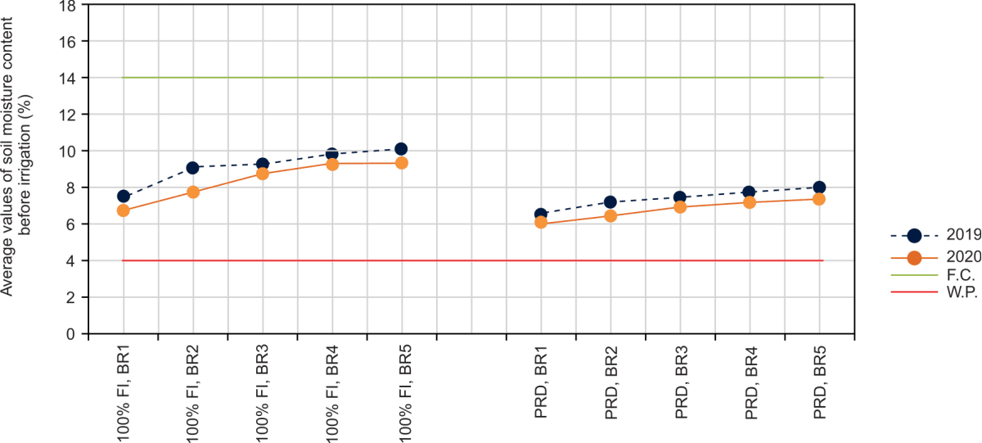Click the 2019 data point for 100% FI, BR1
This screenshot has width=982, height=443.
(x=124, y=196)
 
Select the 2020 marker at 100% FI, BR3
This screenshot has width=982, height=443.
(x=263, y=174)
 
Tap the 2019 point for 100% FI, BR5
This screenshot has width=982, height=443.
(x=401, y=149)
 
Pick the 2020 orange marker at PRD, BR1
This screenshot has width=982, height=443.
(x=541, y=222)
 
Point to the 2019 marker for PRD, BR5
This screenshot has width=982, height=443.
(x=819, y=187)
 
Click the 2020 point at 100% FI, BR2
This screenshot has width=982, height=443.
(x=193, y=192)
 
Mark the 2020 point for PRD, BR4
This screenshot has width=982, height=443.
(x=750, y=202)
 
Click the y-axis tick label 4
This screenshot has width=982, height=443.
(x=73, y=260)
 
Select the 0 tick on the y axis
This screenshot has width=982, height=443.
(x=73, y=334)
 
